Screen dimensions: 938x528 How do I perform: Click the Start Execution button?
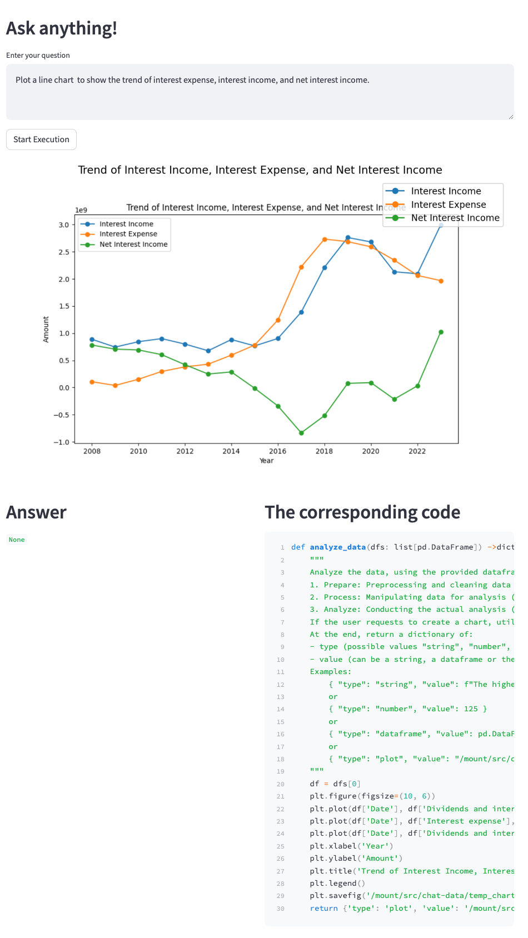click(41, 139)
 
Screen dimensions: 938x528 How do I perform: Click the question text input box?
click(260, 92)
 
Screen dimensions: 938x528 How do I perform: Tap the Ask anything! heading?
click(62, 28)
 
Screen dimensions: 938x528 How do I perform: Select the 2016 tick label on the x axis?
click(277, 451)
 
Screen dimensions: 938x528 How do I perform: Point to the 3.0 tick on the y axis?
click(63, 225)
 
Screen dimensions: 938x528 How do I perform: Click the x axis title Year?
click(266, 461)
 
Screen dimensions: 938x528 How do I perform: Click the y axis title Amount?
click(46, 330)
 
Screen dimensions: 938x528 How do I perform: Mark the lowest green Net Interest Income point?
click(301, 433)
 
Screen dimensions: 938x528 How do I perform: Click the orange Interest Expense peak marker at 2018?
click(325, 240)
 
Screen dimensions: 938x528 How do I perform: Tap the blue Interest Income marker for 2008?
click(92, 340)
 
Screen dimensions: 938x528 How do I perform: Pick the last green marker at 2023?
click(441, 332)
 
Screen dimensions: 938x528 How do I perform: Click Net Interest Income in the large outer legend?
click(455, 218)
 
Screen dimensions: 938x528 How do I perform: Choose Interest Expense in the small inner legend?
click(128, 234)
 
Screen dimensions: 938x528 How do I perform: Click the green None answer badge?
click(17, 540)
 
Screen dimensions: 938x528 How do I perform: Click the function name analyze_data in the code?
click(337, 547)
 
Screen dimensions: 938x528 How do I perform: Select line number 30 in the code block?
click(280, 909)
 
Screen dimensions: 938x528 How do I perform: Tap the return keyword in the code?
click(323, 909)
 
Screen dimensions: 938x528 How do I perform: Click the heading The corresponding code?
click(362, 512)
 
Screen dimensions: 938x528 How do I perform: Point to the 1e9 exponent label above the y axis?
click(81, 210)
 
